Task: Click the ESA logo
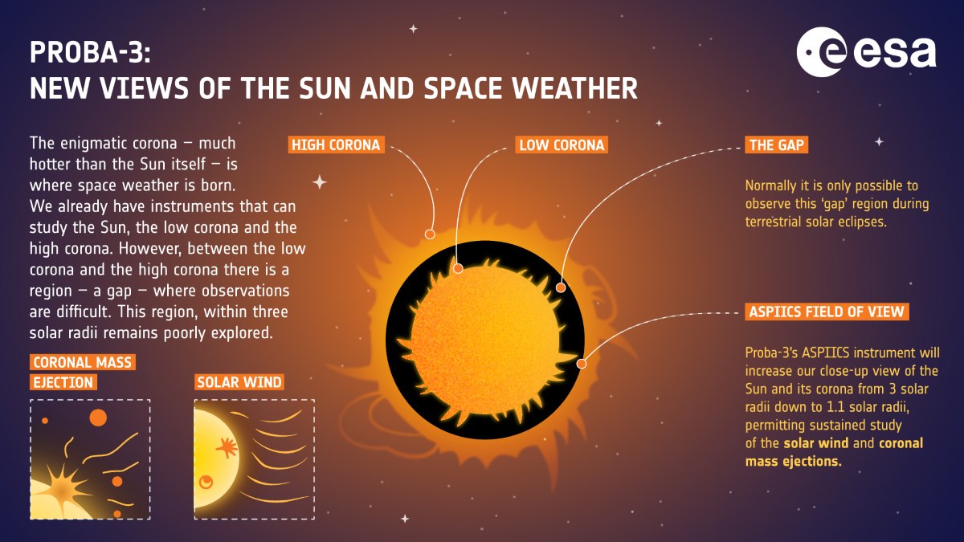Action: click(x=866, y=55)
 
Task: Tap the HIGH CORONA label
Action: click(x=336, y=145)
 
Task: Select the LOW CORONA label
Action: click(x=561, y=145)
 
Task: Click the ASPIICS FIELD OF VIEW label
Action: click(x=827, y=312)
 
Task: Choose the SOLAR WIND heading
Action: click(x=239, y=382)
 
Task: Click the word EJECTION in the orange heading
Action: click(x=63, y=382)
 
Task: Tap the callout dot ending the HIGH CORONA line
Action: click(x=430, y=234)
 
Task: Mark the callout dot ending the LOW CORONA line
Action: click(x=458, y=268)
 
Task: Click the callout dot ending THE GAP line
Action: click(x=561, y=287)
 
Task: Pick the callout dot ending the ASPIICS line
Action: click(x=582, y=364)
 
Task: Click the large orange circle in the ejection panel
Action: click(x=98, y=418)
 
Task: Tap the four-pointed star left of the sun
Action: click(x=320, y=182)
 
